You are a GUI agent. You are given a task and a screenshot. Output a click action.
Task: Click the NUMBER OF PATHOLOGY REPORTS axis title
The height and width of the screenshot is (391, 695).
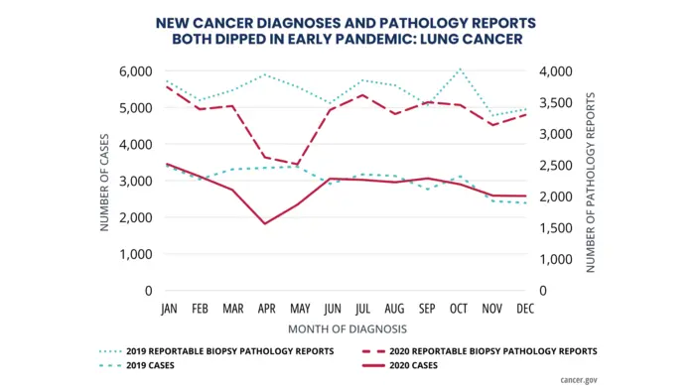tap(590, 182)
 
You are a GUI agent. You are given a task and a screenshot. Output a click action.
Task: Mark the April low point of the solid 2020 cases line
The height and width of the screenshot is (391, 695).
tap(265, 223)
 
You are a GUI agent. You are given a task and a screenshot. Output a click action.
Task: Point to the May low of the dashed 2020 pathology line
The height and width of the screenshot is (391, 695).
tap(297, 165)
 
